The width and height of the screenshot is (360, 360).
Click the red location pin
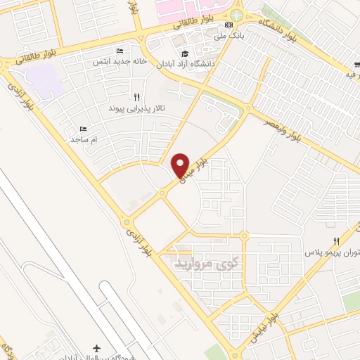click(x=181, y=165)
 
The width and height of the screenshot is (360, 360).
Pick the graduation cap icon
click(x=185, y=53)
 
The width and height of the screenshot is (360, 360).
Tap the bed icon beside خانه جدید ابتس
click(x=119, y=51)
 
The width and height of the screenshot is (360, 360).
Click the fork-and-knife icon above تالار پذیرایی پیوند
click(x=136, y=98)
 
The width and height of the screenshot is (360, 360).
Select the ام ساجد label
click(x=86, y=140)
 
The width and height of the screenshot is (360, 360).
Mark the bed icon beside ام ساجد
click(x=84, y=129)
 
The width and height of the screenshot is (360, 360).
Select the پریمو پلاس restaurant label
click(x=331, y=252)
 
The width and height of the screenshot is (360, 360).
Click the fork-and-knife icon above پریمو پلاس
click(x=336, y=241)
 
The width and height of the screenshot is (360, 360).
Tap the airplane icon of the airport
click(x=97, y=348)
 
